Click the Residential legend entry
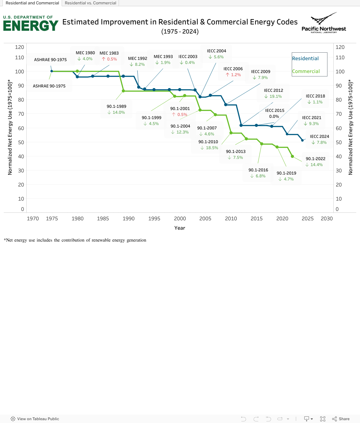pos(305,59)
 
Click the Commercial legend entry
pos(306,71)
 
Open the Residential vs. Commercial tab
pos(90,3)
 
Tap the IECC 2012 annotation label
pos(273,91)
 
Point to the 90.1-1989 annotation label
pos(116,107)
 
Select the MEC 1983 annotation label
pos(109,53)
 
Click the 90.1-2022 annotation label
pos(316,159)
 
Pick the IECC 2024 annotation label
pos(319,137)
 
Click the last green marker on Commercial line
pos(292,156)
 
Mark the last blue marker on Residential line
pos(302,140)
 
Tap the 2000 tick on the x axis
pos(180,219)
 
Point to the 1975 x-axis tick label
pos(52,219)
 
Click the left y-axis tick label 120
pos(19,47)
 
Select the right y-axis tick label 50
pos(339,143)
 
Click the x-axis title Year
pos(180,228)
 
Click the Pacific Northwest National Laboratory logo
pos(324,23)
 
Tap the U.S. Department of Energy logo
pos(31,23)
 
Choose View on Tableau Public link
pos(35,419)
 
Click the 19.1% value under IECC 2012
pos(275,97)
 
